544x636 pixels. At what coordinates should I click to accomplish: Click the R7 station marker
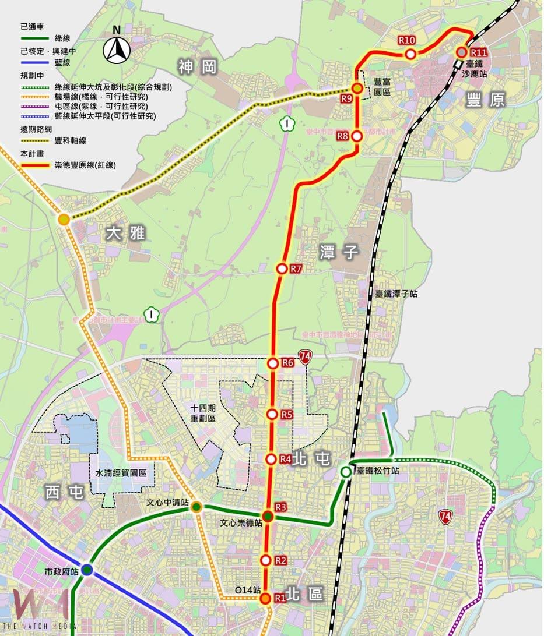282,268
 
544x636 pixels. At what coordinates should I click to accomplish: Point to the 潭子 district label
339,253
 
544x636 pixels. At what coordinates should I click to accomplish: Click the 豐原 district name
486,100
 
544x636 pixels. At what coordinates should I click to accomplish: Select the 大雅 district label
125,234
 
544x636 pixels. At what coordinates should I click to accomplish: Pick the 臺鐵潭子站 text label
396,295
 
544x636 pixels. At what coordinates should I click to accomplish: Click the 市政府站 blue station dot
87,570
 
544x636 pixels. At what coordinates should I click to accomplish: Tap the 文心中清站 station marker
196,507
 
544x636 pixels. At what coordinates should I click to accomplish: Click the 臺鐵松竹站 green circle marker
346,472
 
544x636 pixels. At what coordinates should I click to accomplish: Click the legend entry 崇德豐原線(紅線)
85,165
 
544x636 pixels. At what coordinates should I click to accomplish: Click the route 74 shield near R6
304,357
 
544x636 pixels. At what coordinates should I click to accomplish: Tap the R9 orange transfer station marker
357,89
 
